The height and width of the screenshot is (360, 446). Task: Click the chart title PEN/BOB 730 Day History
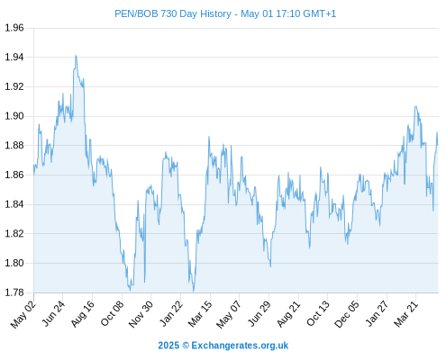click(x=173, y=13)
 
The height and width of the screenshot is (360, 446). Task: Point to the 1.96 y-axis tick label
click(x=14, y=28)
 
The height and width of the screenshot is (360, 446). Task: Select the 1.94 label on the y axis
click(x=14, y=57)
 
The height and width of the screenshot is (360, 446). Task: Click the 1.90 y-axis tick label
click(x=14, y=116)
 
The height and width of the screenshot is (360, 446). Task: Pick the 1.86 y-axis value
click(x=14, y=175)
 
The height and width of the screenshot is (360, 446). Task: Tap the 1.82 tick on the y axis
click(x=14, y=234)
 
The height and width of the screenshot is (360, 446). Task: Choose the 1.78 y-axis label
click(x=14, y=292)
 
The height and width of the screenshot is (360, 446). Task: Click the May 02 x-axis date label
click(x=23, y=314)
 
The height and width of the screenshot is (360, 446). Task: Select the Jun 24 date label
click(x=53, y=314)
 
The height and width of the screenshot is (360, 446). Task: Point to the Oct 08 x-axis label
click(x=112, y=314)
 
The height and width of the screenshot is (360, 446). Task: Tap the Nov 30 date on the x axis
click(x=141, y=314)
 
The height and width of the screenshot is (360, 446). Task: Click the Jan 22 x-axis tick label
click(x=170, y=314)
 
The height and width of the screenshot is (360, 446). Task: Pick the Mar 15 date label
click(x=200, y=314)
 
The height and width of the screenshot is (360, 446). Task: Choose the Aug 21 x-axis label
click(x=288, y=314)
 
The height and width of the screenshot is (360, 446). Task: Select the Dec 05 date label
click(x=346, y=314)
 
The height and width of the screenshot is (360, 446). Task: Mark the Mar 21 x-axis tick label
click(x=405, y=314)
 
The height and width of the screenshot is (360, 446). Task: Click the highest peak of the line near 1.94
click(x=76, y=56)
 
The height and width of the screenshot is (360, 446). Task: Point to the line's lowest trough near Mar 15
click(x=194, y=292)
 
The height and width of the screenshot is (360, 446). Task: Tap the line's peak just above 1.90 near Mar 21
click(x=415, y=106)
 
